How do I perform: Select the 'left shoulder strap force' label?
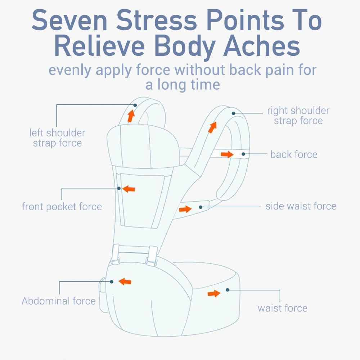click(57, 138)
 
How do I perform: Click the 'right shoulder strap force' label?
click(298, 116)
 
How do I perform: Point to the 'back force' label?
click(294, 154)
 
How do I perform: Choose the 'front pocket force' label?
click(62, 207)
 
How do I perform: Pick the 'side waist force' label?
click(301, 206)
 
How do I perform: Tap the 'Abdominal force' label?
click(59, 301)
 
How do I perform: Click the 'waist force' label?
click(283, 308)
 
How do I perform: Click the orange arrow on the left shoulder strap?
click(131, 116)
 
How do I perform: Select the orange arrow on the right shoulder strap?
click(212, 127)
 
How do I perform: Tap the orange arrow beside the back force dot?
click(227, 154)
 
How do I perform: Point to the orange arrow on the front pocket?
click(129, 188)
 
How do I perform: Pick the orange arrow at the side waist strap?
click(185, 209)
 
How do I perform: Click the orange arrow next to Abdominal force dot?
click(125, 282)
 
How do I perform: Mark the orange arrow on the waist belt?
click(214, 293)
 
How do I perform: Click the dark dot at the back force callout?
click(243, 154)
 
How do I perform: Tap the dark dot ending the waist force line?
click(228, 289)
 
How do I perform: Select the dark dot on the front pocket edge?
click(119, 188)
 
